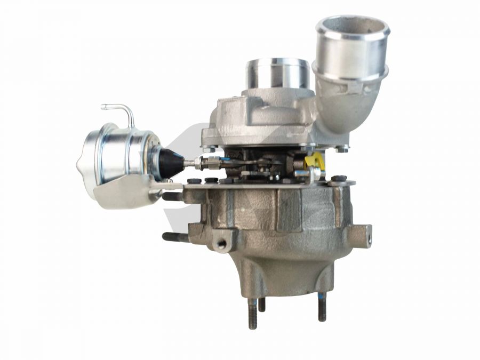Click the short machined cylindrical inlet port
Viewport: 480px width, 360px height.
click(277, 74)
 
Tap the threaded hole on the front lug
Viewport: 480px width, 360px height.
click(221, 244)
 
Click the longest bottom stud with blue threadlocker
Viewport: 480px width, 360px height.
click(252, 313)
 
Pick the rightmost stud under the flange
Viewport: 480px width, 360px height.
click(322, 308)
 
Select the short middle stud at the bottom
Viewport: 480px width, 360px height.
click(262, 304)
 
